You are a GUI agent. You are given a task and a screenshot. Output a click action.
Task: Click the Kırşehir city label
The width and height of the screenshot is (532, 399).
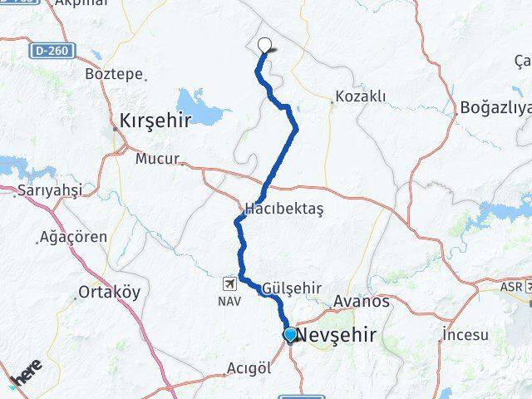156,119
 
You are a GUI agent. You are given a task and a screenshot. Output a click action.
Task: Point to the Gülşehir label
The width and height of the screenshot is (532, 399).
291,288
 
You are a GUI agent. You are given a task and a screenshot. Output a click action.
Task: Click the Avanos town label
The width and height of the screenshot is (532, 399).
361,301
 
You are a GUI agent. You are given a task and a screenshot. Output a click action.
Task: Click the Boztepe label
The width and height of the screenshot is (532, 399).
115,73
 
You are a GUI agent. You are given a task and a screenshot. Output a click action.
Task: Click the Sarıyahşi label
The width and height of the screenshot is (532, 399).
49,191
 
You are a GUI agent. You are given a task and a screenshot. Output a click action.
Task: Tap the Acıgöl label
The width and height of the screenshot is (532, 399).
249,368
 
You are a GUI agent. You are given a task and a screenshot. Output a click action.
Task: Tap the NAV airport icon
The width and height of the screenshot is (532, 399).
229,283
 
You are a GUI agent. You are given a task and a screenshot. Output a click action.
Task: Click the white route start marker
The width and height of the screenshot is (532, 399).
265,45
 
